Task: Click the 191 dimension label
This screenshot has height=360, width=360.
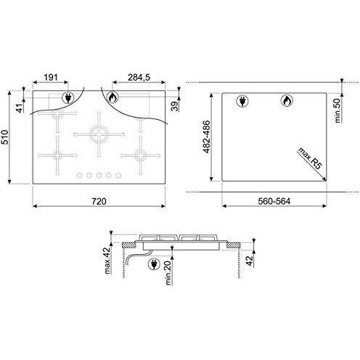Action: (x=51, y=78)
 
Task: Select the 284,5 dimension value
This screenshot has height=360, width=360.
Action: (x=139, y=78)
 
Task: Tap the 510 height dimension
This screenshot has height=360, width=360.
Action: (x=5, y=137)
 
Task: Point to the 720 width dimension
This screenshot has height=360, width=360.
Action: (x=99, y=201)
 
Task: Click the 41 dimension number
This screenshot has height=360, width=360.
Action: (x=20, y=107)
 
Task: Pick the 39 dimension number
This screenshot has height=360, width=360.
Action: (x=175, y=106)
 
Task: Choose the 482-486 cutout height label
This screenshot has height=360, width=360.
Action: (x=206, y=137)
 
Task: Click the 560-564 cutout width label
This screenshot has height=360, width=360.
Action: (x=274, y=201)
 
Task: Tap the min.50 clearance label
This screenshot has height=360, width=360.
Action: (x=338, y=110)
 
